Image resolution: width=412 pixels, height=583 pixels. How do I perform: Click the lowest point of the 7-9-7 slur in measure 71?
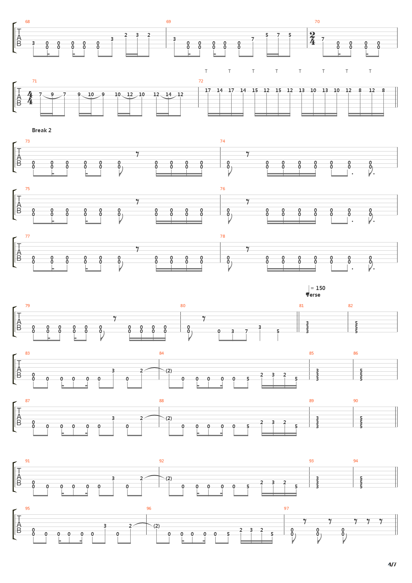52,99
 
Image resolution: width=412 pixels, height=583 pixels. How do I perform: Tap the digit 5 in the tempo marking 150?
320,288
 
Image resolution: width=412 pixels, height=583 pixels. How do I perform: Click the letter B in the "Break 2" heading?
34,130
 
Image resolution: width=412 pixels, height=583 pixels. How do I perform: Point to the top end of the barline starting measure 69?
166,27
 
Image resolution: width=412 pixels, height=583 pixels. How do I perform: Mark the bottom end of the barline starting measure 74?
220,167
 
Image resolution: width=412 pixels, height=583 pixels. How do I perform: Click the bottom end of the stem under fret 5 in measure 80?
278,341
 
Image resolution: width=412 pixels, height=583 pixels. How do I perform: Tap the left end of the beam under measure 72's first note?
208,114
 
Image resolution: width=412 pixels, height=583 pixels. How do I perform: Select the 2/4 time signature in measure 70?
313,38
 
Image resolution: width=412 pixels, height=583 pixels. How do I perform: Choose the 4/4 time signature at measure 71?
30,98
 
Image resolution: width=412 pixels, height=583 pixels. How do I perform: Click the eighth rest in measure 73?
137,154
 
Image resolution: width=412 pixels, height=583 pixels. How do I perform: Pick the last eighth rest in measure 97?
381,521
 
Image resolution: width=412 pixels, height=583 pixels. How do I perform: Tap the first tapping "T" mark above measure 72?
206,71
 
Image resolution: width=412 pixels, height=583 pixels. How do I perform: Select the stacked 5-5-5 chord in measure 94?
361,482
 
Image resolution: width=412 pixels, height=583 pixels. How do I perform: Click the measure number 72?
201,81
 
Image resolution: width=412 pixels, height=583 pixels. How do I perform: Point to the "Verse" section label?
313,295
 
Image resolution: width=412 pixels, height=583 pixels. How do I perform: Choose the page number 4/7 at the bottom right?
392,564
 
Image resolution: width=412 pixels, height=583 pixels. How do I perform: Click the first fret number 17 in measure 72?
207,90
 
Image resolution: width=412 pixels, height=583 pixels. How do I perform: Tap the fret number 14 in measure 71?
168,94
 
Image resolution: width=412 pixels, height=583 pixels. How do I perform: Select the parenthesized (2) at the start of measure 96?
156,526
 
